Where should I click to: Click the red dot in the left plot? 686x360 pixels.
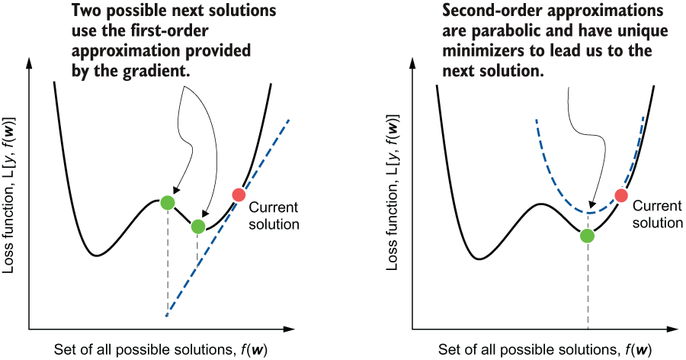(239, 194)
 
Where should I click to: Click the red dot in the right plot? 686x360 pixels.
(621, 195)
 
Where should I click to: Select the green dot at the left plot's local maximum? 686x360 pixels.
(168, 202)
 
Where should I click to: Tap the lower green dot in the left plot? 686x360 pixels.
(197, 227)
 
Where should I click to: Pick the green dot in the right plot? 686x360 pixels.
(587, 236)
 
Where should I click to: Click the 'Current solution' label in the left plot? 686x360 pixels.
(274, 216)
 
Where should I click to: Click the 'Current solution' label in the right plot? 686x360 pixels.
(658, 214)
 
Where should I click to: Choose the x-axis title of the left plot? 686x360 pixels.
(161, 350)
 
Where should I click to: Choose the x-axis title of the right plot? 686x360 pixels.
(545, 350)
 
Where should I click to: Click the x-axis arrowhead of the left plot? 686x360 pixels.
(290, 329)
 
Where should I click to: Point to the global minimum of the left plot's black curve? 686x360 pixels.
(97, 256)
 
